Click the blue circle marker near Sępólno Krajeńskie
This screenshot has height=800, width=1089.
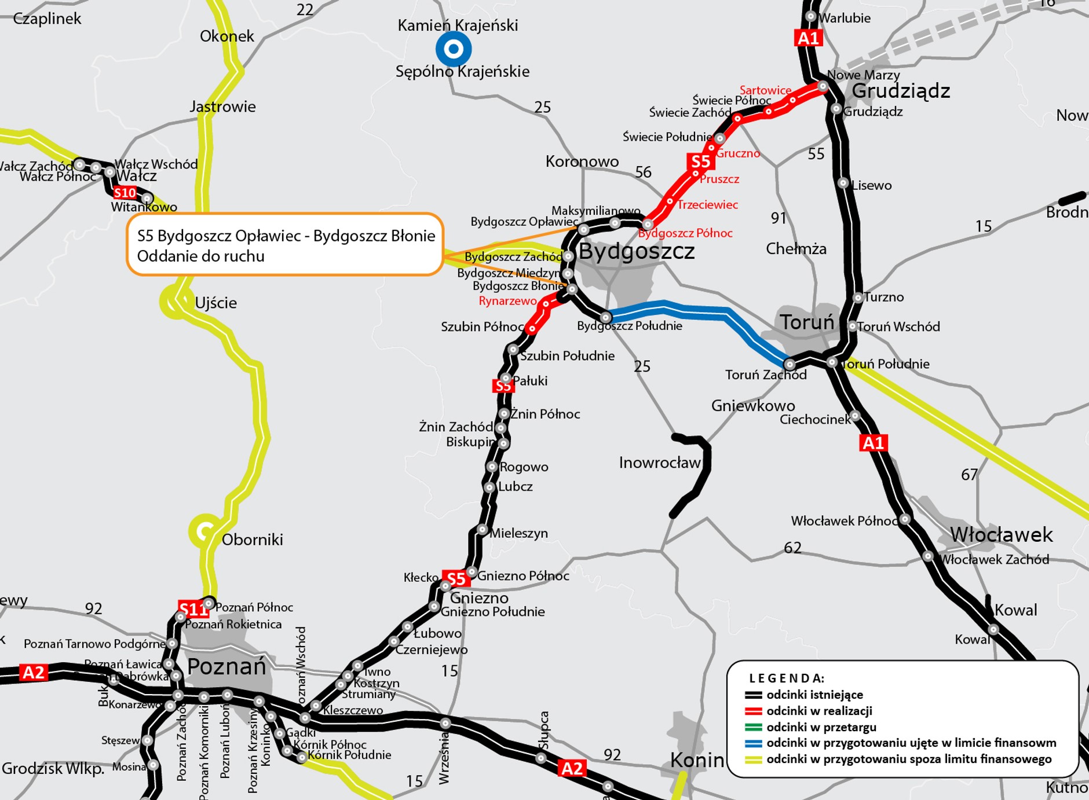[454, 49]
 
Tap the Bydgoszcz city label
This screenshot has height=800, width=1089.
[636, 251]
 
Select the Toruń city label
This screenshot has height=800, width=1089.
[806, 322]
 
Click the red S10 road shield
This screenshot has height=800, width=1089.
[125, 193]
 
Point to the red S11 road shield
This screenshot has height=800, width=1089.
[193, 609]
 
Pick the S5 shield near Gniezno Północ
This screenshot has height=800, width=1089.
[455, 578]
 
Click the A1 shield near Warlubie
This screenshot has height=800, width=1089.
[808, 38]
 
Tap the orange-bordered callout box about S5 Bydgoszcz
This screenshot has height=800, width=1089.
[285, 245]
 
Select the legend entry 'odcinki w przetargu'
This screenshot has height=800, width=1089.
[821, 727]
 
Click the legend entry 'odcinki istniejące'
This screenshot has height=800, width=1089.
[814, 695]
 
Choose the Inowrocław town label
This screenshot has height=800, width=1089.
[659, 463]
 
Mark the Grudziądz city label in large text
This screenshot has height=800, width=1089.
[901, 91]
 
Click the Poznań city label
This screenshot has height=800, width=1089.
[226, 667]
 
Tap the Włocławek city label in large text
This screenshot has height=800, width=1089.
[1001, 534]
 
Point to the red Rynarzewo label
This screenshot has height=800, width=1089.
[507, 301]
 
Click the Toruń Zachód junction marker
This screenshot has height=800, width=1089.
[789, 364]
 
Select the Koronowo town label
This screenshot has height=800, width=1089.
[582, 162]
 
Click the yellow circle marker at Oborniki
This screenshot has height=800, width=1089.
[203, 530]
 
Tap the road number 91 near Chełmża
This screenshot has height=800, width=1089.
[779, 218]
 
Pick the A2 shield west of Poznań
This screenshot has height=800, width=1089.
[33, 673]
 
